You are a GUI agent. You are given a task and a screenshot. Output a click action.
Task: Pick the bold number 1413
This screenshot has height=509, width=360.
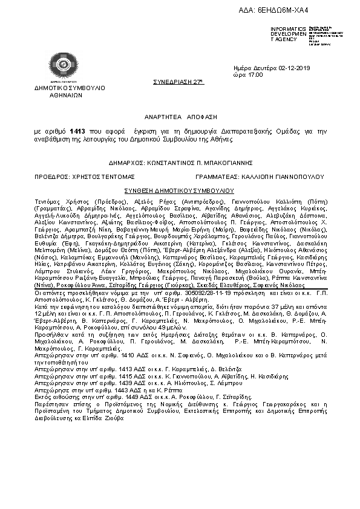click(77, 131)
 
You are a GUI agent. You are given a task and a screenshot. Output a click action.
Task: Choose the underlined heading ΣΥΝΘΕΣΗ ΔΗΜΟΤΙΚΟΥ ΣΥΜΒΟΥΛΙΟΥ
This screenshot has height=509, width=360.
click(178, 190)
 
